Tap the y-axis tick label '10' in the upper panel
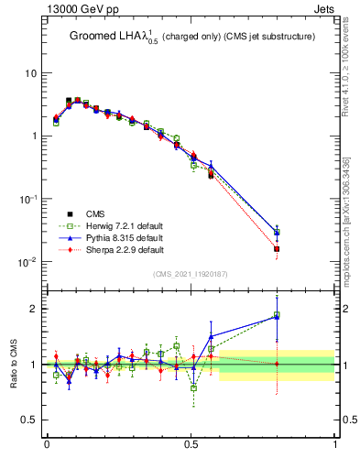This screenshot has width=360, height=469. coord(29,73)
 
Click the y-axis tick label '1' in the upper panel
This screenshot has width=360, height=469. coord(33,136)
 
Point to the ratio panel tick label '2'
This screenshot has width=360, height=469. coord(33,309)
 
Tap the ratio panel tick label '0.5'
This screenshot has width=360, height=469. coord(29,420)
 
